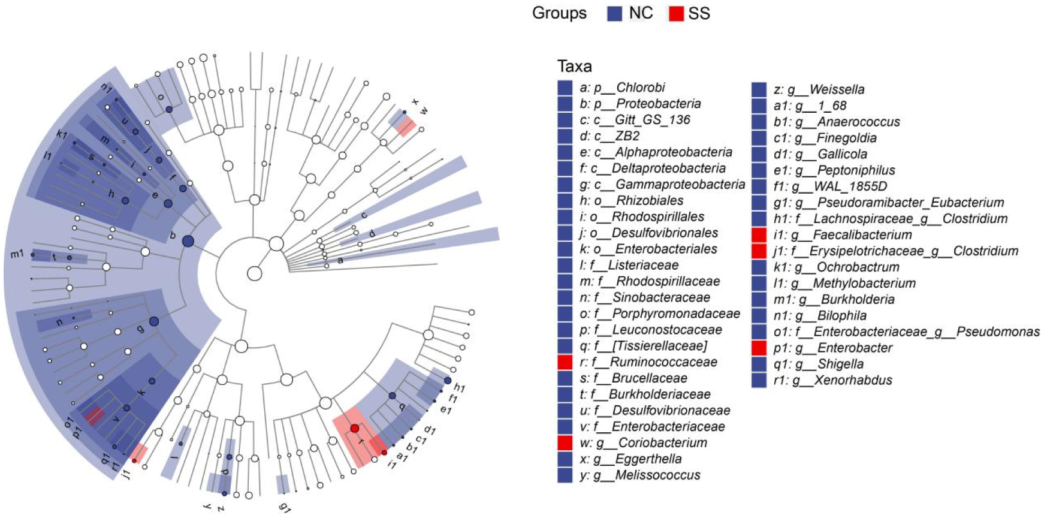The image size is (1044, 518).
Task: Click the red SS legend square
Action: click(675, 14)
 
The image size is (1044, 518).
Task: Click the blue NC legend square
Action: click(614, 14)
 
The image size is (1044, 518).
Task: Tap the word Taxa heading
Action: click(574, 66)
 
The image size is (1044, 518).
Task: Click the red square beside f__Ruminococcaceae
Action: click(565, 362)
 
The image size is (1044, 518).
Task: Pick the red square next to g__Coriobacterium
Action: click(565, 443)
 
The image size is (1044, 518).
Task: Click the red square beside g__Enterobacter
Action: click(759, 348)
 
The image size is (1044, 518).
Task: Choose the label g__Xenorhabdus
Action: click(833, 380)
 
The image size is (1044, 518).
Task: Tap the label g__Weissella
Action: click(819, 90)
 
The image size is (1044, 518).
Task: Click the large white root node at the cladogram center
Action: click(254, 274)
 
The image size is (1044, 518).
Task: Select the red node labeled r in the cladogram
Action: click(355, 428)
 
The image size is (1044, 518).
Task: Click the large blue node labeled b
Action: click(188, 241)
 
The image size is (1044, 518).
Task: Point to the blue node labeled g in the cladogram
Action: click(154, 321)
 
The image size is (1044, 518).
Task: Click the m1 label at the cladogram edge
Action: click(17, 254)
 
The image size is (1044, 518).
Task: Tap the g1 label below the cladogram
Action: click(285, 507)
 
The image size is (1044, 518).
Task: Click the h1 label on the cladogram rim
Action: click(459, 388)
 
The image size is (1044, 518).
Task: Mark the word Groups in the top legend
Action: click(559, 14)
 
